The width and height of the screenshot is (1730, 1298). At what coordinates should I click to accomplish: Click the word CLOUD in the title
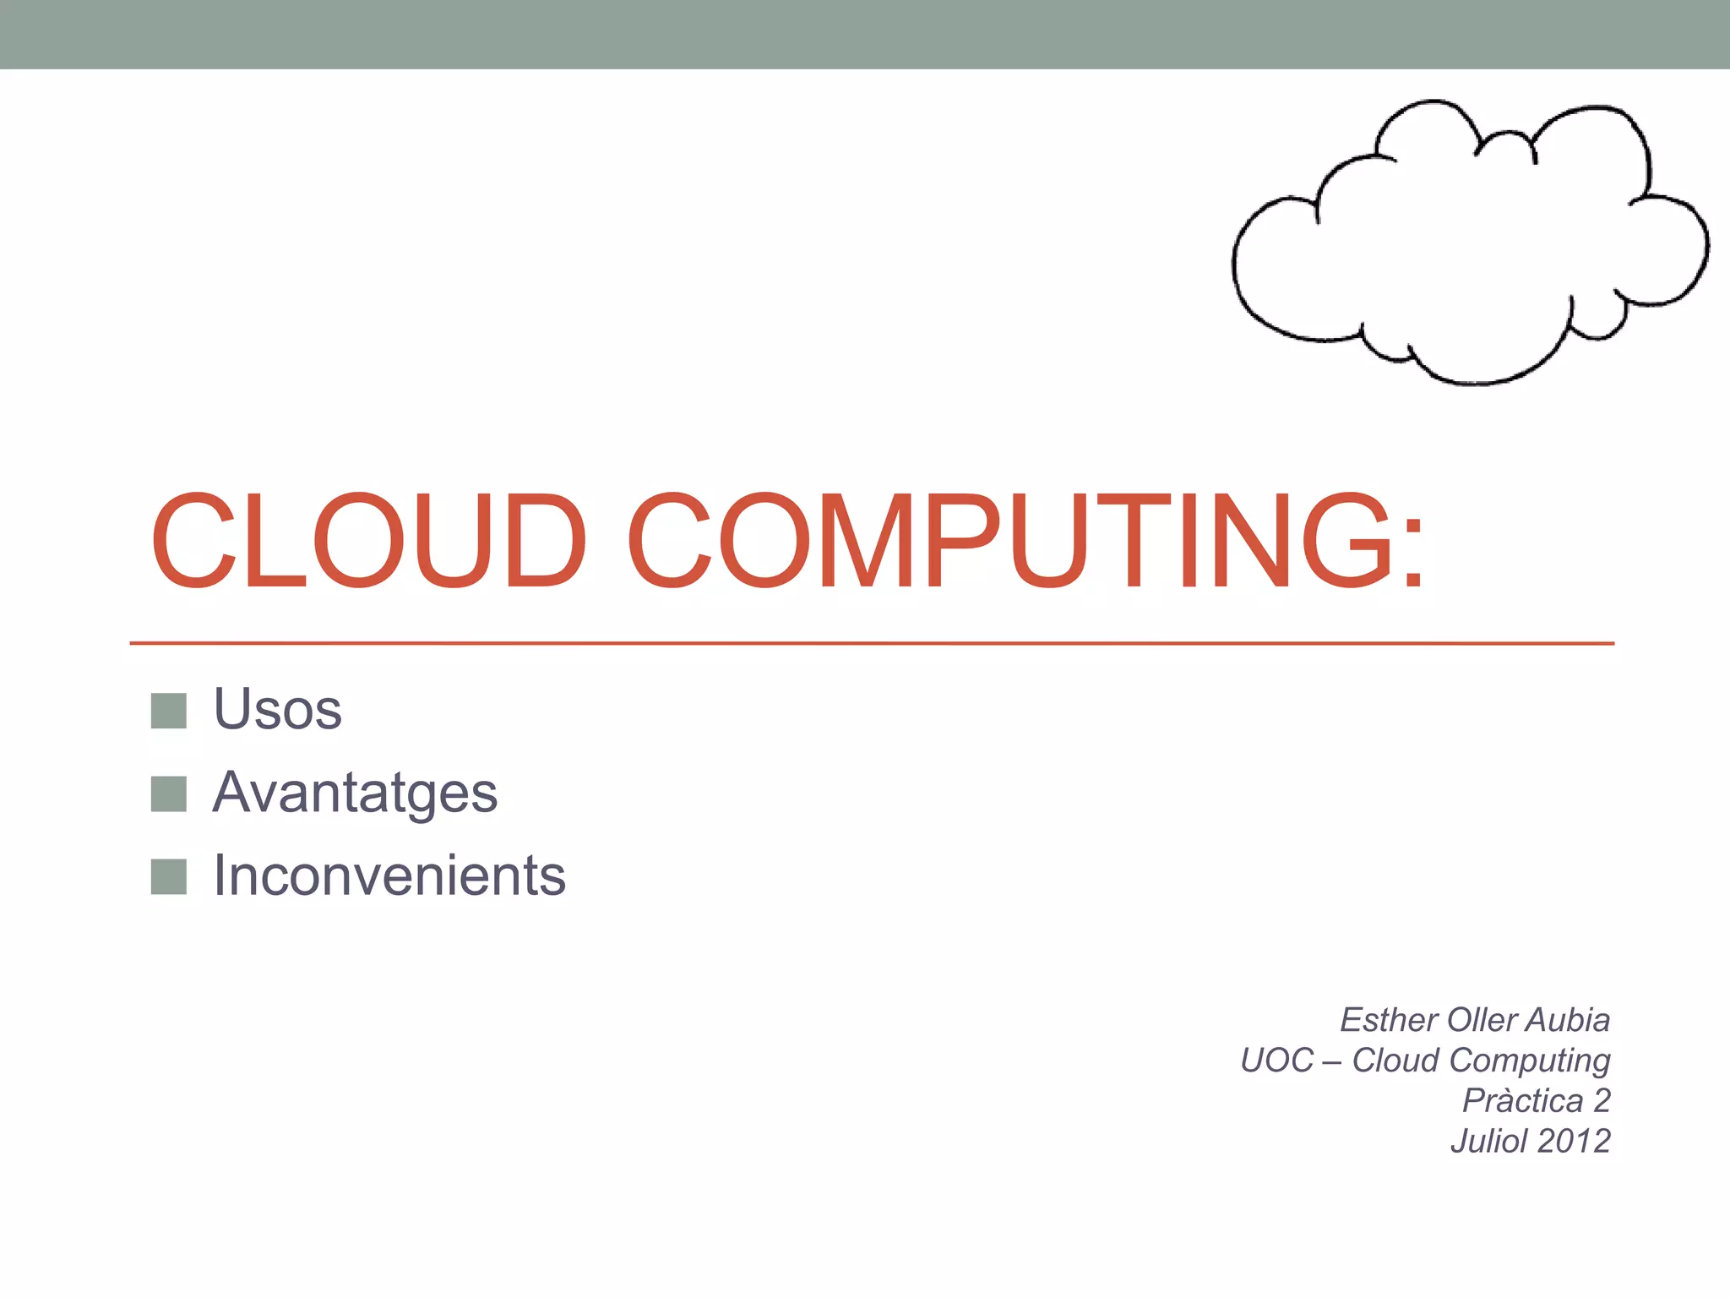click(x=368, y=541)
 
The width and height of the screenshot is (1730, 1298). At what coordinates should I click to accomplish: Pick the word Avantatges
click(x=355, y=793)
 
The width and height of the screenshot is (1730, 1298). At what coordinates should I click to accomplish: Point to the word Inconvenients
click(x=389, y=875)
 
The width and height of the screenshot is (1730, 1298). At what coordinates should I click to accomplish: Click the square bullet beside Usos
click(x=168, y=711)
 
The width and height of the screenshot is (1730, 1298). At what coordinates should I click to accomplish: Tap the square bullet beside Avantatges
click(x=168, y=794)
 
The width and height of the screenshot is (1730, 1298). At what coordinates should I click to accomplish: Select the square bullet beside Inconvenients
click(x=168, y=876)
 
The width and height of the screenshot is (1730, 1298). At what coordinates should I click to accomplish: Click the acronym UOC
click(x=1276, y=1061)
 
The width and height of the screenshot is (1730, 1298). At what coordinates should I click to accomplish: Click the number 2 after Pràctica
click(x=1602, y=1101)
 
